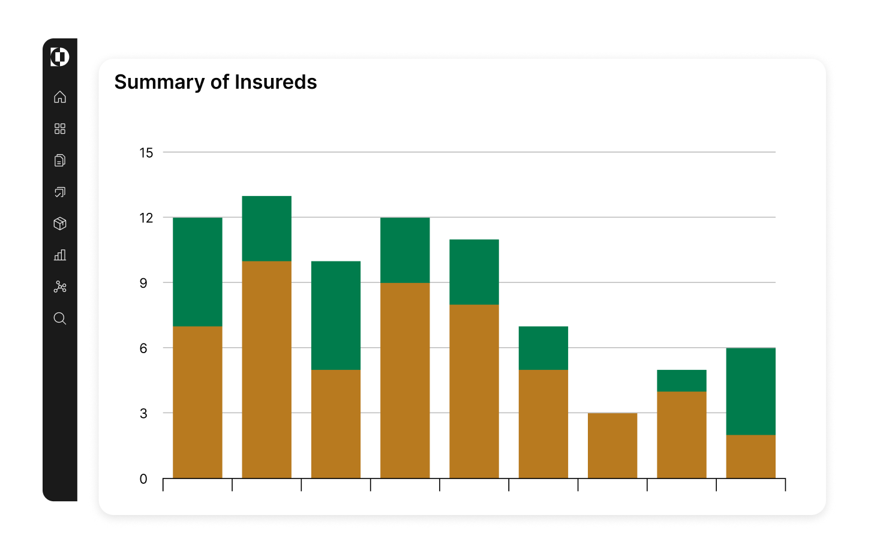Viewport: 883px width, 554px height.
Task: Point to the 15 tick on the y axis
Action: point(146,153)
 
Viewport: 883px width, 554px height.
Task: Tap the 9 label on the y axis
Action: point(143,283)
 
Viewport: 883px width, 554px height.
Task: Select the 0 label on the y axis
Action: point(143,479)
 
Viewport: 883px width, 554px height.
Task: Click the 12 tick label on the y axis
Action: point(146,218)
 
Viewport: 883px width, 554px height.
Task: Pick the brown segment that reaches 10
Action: point(266,369)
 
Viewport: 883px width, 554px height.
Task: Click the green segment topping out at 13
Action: point(266,228)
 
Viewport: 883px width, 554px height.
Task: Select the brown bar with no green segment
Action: point(612,445)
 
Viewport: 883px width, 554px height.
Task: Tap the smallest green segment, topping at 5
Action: point(681,381)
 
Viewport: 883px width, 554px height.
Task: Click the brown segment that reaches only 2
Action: point(750,456)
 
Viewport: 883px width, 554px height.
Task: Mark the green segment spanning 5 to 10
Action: point(336,315)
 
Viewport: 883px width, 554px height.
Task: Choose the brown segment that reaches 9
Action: point(405,380)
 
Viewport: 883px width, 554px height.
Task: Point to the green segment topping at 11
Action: point(474,272)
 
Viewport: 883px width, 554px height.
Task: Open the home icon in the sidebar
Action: point(60,97)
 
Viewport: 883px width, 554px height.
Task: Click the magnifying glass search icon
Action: point(60,318)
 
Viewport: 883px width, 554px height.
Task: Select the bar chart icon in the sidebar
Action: point(60,255)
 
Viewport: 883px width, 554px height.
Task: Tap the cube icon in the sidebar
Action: point(60,224)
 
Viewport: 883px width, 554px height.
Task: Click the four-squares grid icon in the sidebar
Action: point(60,129)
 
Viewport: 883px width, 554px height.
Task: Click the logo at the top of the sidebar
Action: point(60,57)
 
